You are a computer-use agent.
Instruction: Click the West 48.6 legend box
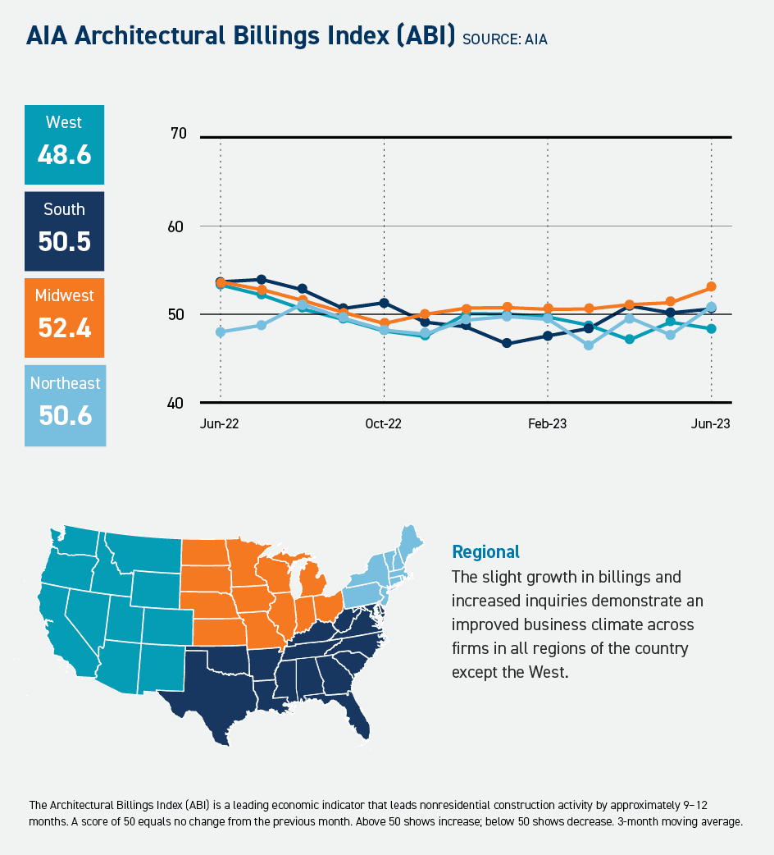pos(64,144)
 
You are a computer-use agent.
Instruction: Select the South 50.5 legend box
pos(64,231)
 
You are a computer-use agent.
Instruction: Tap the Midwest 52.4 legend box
pos(64,318)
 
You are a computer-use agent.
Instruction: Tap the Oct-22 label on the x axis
pos(384,424)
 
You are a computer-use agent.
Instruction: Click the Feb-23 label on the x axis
pos(547,424)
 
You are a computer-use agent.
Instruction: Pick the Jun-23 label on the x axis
pos(710,424)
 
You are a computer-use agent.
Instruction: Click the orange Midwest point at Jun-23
pos(711,287)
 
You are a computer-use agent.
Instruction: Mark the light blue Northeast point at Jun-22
pos(221,332)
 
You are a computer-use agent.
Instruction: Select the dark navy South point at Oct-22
pos(384,303)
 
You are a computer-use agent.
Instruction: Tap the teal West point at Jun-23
pos(711,329)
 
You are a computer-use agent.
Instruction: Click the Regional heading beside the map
pos(485,551)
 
